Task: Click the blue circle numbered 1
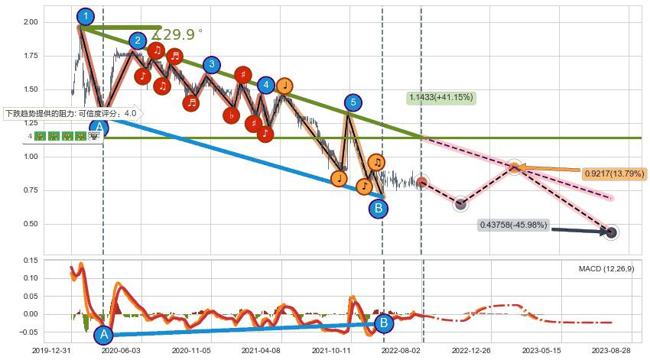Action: click(x=86, y=16)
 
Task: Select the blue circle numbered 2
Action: click(x=138, y=41)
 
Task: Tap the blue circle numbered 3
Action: click(x=212, y=65)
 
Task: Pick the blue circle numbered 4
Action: click(x=265, y=85)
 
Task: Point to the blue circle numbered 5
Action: click(x=352, y=102)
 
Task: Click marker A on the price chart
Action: click(x=99, y=129)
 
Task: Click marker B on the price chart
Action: click(x=378, y=208)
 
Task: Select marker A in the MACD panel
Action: click(x=104, y=334)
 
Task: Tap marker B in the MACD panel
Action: click(x=384, y=323)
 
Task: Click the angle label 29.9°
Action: click(x=177, y=34)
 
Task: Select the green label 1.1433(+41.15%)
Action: click(x=441, y=98)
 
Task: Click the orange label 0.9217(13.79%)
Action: click(x=613, y=174)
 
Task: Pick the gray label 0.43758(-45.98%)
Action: click(x=513, y=225)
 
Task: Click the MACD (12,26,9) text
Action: click(x=606, y=268)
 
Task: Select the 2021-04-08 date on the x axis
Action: click(x=262, y=350)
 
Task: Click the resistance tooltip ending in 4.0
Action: click(x=71, y=114)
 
